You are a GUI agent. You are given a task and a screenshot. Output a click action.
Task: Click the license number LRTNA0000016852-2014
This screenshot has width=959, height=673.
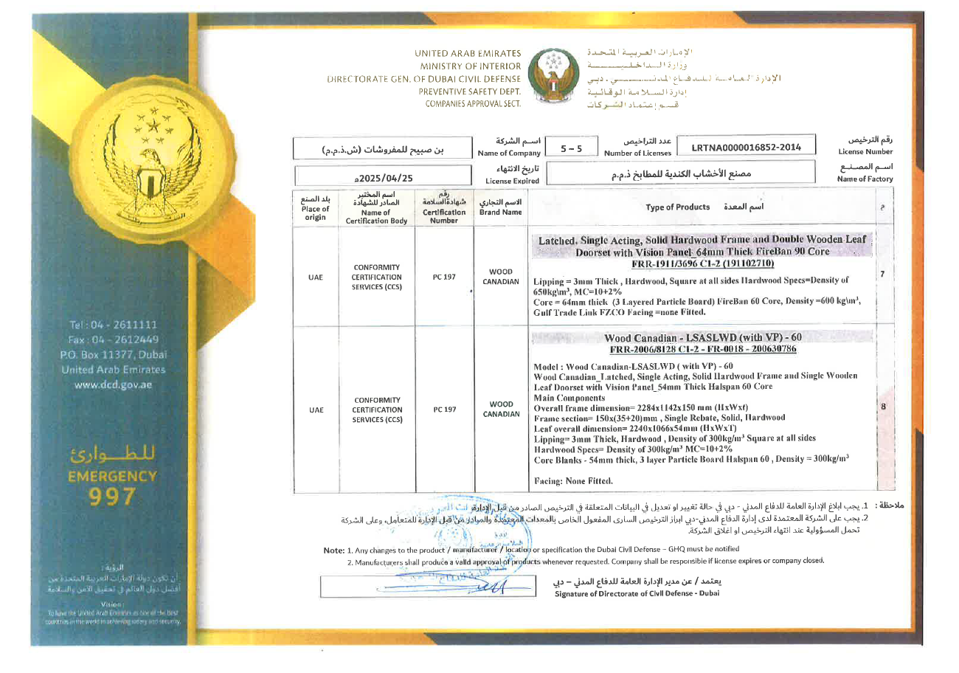pyautogui.click(x=747, y=147)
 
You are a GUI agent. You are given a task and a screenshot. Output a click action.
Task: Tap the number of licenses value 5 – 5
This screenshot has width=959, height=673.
pyautogui.click(x=571, y=148)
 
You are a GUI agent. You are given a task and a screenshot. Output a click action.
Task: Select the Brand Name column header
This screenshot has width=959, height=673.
pyautogui.click(x=501, y=208)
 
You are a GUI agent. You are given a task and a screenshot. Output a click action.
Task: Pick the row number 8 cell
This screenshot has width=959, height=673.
pyautogui.click(x=883, y=407)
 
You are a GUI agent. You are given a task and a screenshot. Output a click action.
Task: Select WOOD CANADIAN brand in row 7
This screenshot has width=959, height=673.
pyautogui.click(x=501, y=277)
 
